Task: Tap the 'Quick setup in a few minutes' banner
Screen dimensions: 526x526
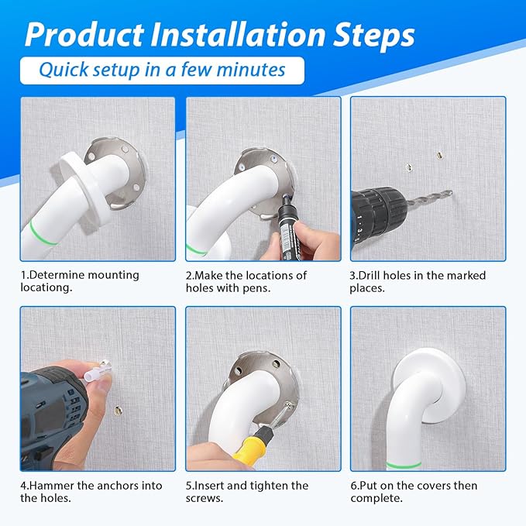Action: [162, 70]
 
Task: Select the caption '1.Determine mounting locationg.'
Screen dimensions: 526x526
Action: [80, 280]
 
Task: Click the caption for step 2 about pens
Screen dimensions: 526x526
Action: [246, 280]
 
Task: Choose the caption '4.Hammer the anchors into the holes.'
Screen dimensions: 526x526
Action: [91, 491]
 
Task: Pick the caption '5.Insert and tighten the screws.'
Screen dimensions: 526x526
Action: [247, 491]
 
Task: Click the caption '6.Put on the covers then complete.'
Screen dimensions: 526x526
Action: [414, 491]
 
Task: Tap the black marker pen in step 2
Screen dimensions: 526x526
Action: [291, 229]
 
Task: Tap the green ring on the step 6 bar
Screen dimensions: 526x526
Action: [404, 463]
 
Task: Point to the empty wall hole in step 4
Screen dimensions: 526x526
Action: [119, 411]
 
